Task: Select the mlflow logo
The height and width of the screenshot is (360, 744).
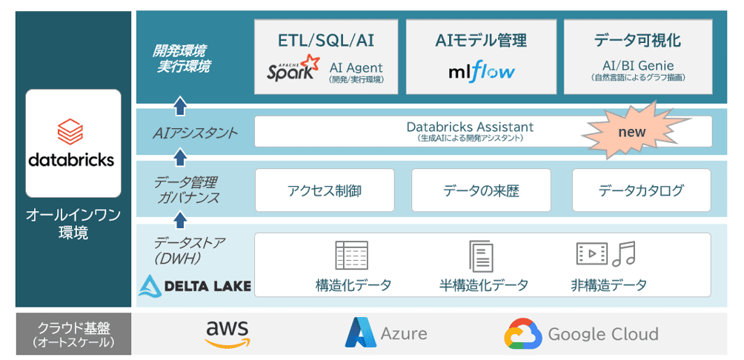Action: pyautogui.click(x=481, y=72)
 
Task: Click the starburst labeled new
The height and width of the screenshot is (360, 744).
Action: pyautogui.click(x=631, y=133)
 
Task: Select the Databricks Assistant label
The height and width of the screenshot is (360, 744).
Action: pyautogui.click(x=470, y=127)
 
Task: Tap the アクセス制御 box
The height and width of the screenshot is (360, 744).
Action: pyautogui.click(x=325, y=190)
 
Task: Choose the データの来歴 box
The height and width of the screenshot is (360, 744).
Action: pyautogui.click(x=481, y=190)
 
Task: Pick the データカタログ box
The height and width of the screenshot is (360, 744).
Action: pyautogui.click(x=641, y=190)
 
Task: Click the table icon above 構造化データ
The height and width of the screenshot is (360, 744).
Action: pyautogui.click(x=351, y=255)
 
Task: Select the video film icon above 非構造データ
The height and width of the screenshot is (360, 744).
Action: pyautogui.click(x=591, y=253)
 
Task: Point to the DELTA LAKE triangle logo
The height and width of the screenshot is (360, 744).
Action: pyautogui.click(x=150, y=285)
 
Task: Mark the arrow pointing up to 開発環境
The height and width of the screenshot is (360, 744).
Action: pyautogui.click(x=180, y=106)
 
